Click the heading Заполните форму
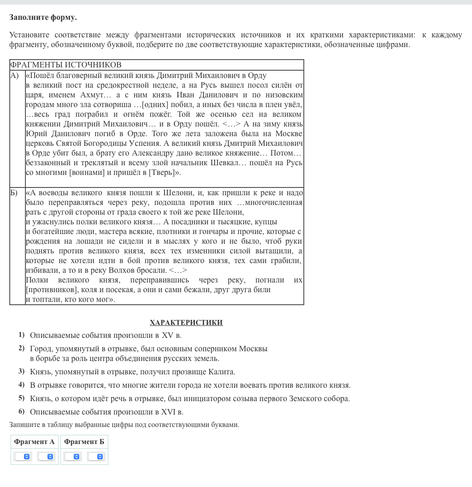(43, 18)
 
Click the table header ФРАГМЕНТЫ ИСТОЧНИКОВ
(65, 65)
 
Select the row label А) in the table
(15, 75)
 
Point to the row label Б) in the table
(14, 193)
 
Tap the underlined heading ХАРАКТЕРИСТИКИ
(186, 323)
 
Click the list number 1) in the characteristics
(22, 335)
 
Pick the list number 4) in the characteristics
(22, 385)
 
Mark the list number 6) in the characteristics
(22, 411)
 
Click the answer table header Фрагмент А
(34, 442)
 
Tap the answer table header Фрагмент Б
(84, 442)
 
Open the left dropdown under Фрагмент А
(23, 457)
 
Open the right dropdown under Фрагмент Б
(96, 457)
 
